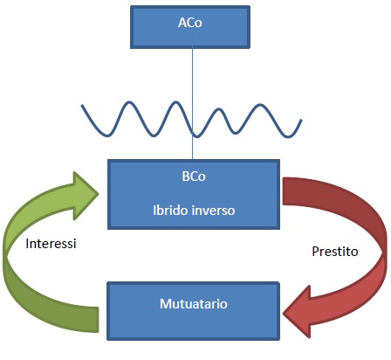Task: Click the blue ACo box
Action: [x=190, y=27]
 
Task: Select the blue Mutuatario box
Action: [x=194, y=311]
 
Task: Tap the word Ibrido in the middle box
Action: [x=169, y=210]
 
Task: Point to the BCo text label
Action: [x=194, y=177]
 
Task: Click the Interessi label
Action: [x=51, y=244]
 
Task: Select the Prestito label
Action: [x=335, y=252]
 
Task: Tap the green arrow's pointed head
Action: [x=98, y=194]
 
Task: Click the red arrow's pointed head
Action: [x=284, y=314]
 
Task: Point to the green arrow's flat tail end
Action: [x=98, y=320]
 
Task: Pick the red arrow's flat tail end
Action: [x=283, y=191]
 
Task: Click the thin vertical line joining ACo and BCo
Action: [x=192, y=98]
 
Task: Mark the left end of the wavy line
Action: [x=82, y=105]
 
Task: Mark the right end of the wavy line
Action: [x=301, y=120]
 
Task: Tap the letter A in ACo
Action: [x=182, y=23]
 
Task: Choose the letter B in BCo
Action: [x=185, y=177]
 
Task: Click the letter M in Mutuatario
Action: [x=166, y=304]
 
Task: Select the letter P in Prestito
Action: [x=315, y=252]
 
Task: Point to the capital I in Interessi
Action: [x=27, y=244]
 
